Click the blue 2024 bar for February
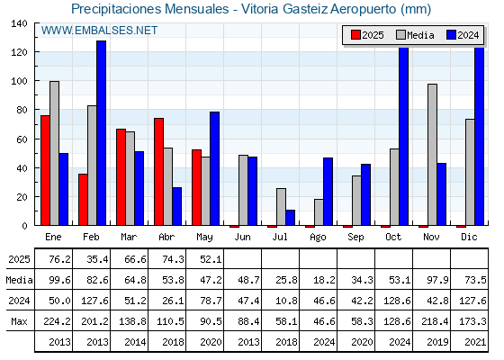coord(101,133)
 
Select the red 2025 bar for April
coord(158,172)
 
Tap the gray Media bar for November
coord(432,155)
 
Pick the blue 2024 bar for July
coord(290,218)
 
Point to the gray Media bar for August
coord(319,212)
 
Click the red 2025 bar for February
coord(83,200)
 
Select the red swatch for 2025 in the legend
coord(355,35)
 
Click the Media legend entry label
coord(420,35)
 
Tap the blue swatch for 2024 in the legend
coord(451,35)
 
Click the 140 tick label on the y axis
coord(19,23)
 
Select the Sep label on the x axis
coord(355,238)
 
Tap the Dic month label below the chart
coord(469,237)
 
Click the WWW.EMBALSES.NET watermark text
coord(99,31)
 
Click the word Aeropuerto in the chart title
coord(364,9)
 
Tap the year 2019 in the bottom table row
coord(437,342)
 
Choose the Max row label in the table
coord(19,321)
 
